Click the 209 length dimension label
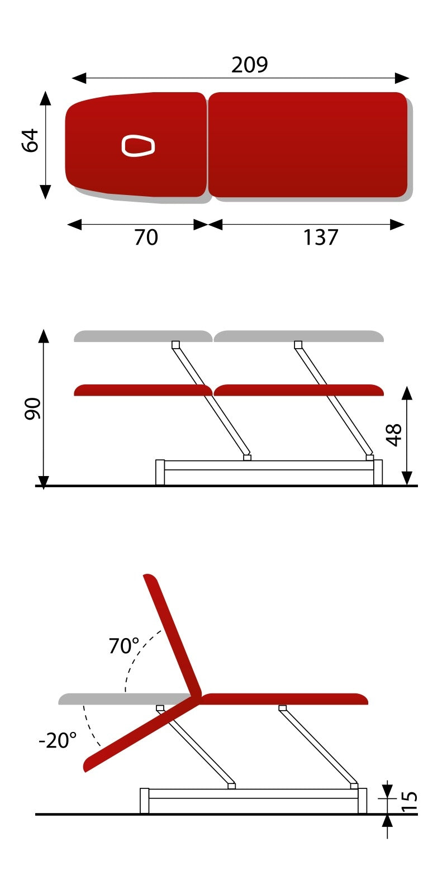click(x=249, y=65)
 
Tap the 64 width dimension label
click(x=30, y=140)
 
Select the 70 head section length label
click(x=146, y=237)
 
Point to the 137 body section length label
click(x=320, y=237)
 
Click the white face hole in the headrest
click(x=137, y=145)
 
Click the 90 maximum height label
click(x=32, y=408)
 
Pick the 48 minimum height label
click(x=394, y=435)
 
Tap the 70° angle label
click(x=123, y=646)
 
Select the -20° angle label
click(x=58, y=740)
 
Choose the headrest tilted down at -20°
click(x=140, y=735)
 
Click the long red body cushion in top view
click(x=308, y=145)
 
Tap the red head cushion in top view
click(x=168, y=162)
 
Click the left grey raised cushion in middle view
click(x=142, y=336)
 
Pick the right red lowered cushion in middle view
click(x=298, y=390)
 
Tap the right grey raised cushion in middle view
click(x=298, y=336)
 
